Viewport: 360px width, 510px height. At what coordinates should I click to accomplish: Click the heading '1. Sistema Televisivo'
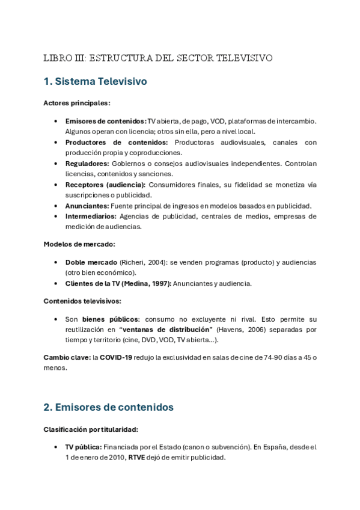tap(95, 81)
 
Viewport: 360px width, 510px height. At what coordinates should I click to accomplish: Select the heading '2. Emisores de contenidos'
tap(108, 407)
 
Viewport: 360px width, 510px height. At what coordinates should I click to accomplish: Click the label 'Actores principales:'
tap(77, 103)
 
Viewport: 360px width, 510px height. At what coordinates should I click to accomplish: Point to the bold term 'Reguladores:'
tap(87, 164)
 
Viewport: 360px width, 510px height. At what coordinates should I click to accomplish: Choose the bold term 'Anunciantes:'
tap(87, 206)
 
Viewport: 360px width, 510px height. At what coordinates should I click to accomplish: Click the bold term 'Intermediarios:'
tap(90, 216)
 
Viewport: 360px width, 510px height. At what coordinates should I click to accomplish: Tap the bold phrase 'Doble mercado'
tap(91, 262)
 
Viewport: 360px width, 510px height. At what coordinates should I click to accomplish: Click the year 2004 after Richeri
tap(163, 262)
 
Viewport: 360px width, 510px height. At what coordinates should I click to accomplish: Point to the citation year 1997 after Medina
tap(160, 283)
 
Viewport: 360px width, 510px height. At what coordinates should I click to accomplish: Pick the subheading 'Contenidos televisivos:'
tap(82, 301)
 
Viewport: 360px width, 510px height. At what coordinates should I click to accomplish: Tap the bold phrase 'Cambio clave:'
tap(67, 358)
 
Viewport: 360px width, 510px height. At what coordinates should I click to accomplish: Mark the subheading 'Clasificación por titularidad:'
tap(91, 429)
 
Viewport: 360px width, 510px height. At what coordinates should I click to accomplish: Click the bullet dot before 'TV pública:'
tap(56, 447)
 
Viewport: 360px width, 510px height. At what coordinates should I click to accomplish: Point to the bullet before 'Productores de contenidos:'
tap(56, 143)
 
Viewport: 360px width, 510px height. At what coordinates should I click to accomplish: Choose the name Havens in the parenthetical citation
tap(231, 330)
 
